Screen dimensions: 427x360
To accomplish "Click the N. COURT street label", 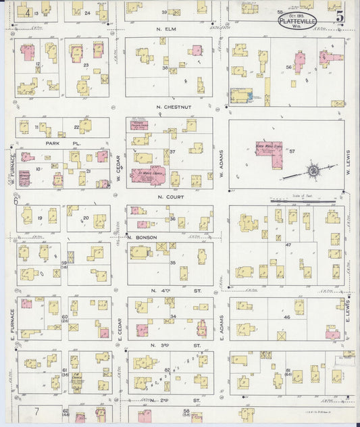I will click(x=170, y=197).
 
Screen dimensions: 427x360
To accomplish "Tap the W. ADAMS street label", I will click(x=222, y=164).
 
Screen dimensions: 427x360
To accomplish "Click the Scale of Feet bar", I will click(x=304, y=201).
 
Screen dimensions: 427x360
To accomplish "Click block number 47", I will click(x=288, y=244).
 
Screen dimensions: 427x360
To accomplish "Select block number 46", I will click(x=286, y=316).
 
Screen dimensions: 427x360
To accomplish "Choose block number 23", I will click(x=86, y=66).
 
